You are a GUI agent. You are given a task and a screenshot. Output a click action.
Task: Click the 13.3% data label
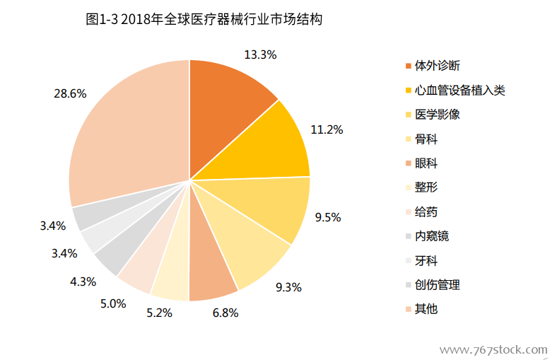click(260, 54)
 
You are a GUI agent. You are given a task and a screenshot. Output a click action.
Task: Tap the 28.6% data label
click(70, 94)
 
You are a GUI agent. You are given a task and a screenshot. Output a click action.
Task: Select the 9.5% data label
click(328, 217)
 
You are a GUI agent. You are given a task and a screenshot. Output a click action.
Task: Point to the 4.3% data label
click(83, 281)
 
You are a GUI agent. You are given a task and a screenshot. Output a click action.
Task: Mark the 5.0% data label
click(113, 304)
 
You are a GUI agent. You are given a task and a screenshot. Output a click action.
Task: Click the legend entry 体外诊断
click(433, 66)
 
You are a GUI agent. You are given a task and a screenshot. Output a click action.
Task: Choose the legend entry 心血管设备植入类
click(455, 91)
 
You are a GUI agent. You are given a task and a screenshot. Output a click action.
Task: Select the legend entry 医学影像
click(433, 115)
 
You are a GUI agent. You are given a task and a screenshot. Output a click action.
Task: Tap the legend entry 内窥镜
click(427, 236)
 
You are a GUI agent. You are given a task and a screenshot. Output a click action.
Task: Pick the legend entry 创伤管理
click(433, 284)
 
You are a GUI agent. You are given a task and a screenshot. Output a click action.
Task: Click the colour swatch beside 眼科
click(409, 163)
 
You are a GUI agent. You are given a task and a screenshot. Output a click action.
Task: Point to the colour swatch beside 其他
click(409, 309)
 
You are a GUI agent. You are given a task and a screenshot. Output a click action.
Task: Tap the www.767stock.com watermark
click(493, 350)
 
